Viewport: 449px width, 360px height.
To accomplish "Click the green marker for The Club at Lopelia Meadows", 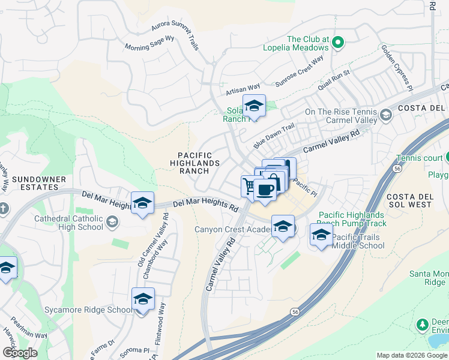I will pos(338,42).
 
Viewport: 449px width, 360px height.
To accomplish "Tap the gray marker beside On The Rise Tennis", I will pos(385,114).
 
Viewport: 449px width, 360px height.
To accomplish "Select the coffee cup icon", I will pos(265,190).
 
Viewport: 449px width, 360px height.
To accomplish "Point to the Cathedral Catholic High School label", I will pos(68,223).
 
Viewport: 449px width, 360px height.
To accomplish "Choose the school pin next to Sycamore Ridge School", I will pos(143,299).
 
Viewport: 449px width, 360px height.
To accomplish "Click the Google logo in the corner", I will pos(19,352).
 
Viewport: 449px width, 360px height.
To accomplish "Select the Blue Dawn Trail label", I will pos(274,136).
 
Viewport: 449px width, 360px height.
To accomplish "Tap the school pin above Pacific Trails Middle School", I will pos(321,235).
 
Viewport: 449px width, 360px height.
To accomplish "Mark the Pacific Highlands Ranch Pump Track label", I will pos(352,219).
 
